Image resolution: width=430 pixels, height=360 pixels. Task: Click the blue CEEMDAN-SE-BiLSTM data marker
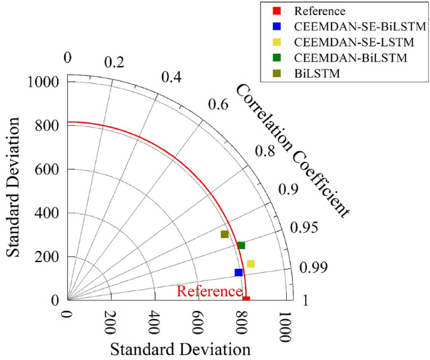click(x=239, y=272)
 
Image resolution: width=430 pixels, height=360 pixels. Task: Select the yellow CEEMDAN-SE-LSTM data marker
click(x=250, y=264)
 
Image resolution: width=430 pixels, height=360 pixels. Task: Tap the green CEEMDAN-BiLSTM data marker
click(x=241, y=245)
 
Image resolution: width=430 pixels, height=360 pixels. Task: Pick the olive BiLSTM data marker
click(x=225, y=235)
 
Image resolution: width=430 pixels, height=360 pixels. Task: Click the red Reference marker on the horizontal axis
click(x=246, y=299)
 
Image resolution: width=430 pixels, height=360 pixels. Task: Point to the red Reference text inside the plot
click(x=209, y=292)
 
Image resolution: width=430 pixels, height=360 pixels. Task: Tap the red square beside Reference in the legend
click(x=274, y=11)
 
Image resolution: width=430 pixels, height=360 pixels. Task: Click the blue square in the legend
click(x=274, y=27)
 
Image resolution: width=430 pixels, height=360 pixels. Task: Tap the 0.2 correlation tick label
click(x=114, y=63)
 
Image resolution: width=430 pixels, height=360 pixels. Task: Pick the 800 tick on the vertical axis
click(x=48, y=126)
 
